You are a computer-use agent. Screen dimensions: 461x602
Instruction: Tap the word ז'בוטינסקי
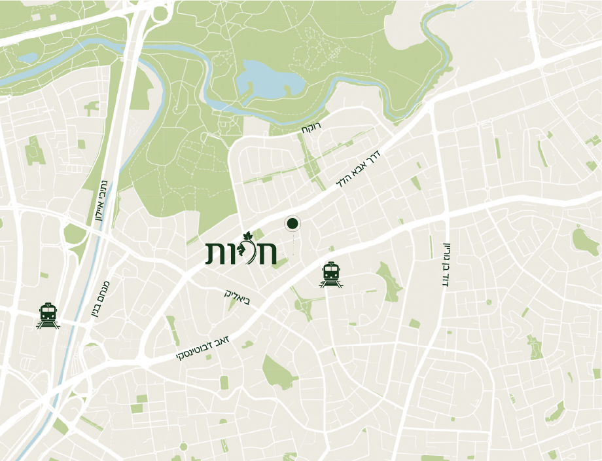tap(202, 352)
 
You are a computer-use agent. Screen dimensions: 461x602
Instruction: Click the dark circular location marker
tap(292, 225)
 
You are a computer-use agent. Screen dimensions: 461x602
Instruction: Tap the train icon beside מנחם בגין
tap(48, 315)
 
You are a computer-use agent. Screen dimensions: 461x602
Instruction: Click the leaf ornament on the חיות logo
tap(247, 238)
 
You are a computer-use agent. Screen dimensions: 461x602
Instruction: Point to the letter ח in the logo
tap(267, 254)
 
